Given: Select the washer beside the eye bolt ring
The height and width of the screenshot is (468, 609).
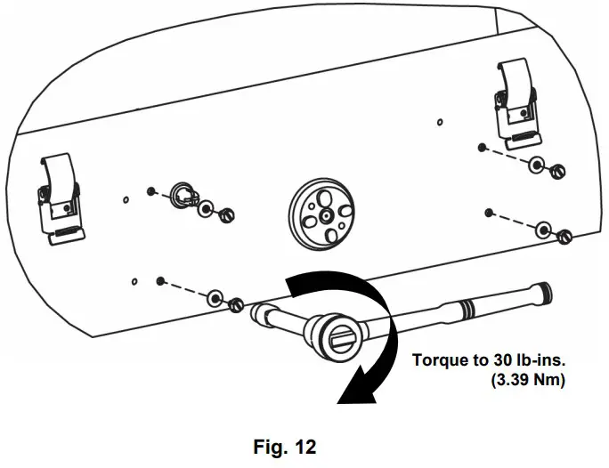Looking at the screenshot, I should [x=207, y=208].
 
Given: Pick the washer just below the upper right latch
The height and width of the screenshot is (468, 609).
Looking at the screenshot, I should [x=536, y=165].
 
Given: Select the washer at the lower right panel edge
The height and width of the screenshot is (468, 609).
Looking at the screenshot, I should [x=543, y=230].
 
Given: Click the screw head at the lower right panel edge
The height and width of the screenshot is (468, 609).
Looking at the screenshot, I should [x=563, y=237].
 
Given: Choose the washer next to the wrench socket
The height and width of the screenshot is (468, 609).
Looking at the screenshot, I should [x=215, y=297].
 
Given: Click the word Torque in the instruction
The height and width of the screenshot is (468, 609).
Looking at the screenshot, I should [x=439, y=360].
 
